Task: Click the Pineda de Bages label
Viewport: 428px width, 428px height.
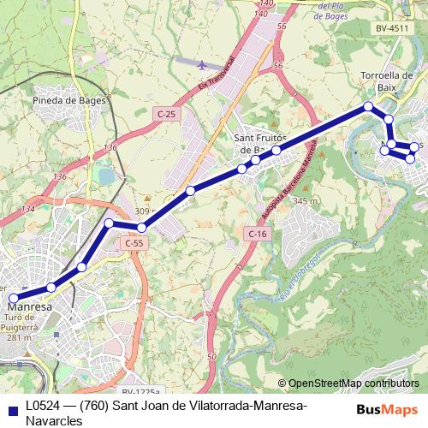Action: [x=69, y=100]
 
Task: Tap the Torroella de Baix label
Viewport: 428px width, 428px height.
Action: [x=388, y=80]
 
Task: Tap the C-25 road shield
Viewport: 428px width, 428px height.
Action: [x=167, y=113]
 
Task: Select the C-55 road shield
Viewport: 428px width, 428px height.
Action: [x=132, y=243]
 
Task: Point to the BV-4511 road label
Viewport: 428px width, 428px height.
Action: [x=392, y=28]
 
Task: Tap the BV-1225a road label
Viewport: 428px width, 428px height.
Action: [x=140, y=369]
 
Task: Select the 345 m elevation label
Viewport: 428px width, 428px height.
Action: [x=306, y=200]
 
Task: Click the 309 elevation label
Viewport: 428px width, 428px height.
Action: [x=141, y=211]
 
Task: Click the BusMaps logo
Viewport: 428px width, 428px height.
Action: [x=387, y=408]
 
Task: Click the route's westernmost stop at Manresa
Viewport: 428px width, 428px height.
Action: [x=13, y=298]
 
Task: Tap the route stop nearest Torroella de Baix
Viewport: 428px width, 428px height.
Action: [x=368, y=107]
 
